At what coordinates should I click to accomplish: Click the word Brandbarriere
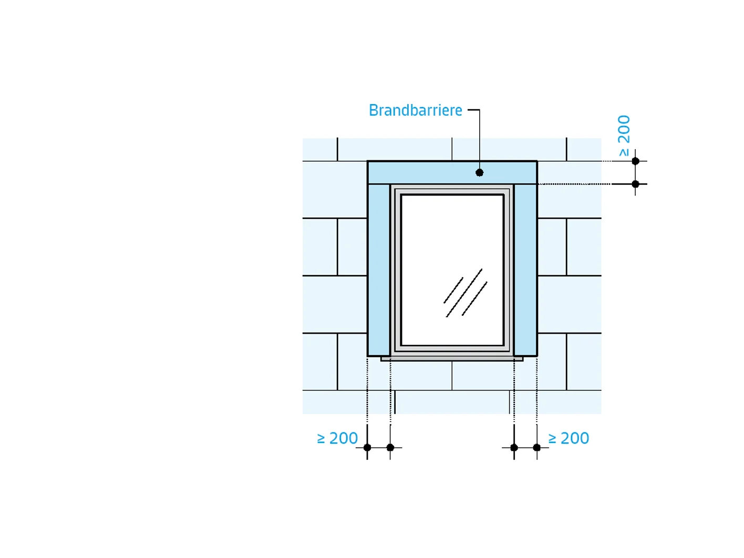[x=415, y=110]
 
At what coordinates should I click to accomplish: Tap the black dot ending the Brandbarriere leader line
[x=479, y=173]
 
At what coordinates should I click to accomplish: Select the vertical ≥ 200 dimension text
[x=624, y=136]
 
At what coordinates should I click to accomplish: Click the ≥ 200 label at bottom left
[x=337, y=438]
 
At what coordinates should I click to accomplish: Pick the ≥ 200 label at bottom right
[x=569, y=438]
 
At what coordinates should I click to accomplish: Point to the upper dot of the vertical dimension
[x=636, y=161]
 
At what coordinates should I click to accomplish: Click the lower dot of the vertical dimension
[x=636, y=184]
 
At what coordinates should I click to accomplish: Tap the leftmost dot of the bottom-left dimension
[x=367, y=448]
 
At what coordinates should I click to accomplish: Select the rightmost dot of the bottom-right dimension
[x=536, y=448]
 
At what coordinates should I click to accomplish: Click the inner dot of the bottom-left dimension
[x=390, y=448]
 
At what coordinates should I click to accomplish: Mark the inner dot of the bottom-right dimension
[x=514, y=448]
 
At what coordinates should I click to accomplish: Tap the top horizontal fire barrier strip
[x=452, y=173]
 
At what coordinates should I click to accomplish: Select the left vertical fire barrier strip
[x=379, y=270]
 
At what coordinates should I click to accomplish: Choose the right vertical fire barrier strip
[x=525, y=270]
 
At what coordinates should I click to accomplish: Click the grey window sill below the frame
[x=452, y=359]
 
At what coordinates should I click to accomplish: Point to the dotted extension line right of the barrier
[x=574, y=184]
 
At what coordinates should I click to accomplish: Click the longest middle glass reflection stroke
[x=464, y=293]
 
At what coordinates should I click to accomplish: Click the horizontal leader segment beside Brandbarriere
[x=473, y=110]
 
